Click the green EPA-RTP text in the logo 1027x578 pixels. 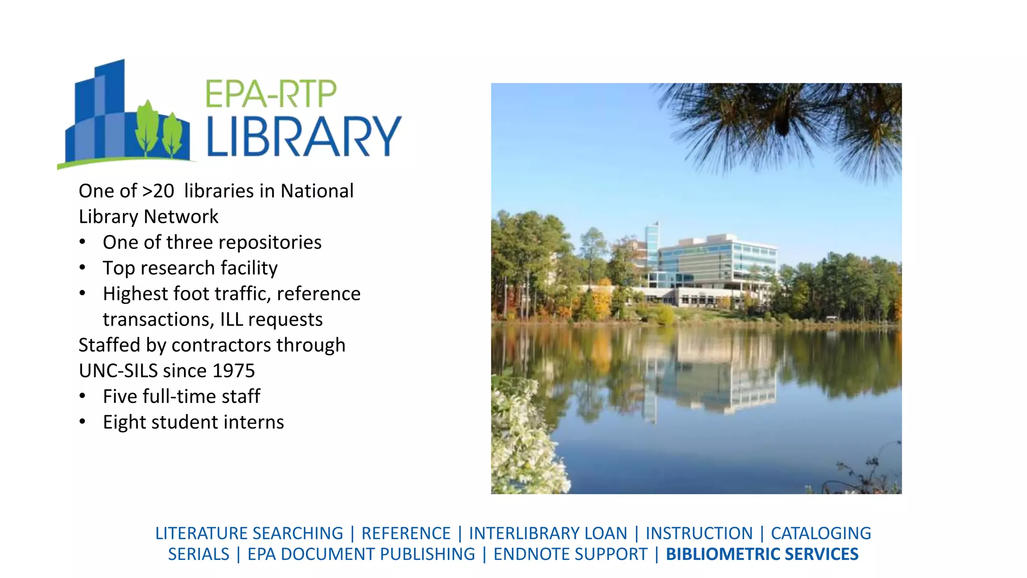coord(271,94)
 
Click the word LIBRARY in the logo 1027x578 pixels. coord(304,136)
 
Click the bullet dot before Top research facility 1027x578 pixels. coord(83,268)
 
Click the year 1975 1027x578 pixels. coord(234,371)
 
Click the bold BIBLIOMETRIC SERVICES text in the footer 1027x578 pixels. coord(762,554)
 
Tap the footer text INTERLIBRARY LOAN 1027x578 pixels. coord(548,533)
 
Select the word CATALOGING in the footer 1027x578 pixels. coord(820,533)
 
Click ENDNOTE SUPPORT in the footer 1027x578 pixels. coord(570,554)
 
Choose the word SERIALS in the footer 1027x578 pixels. coord(199,554)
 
